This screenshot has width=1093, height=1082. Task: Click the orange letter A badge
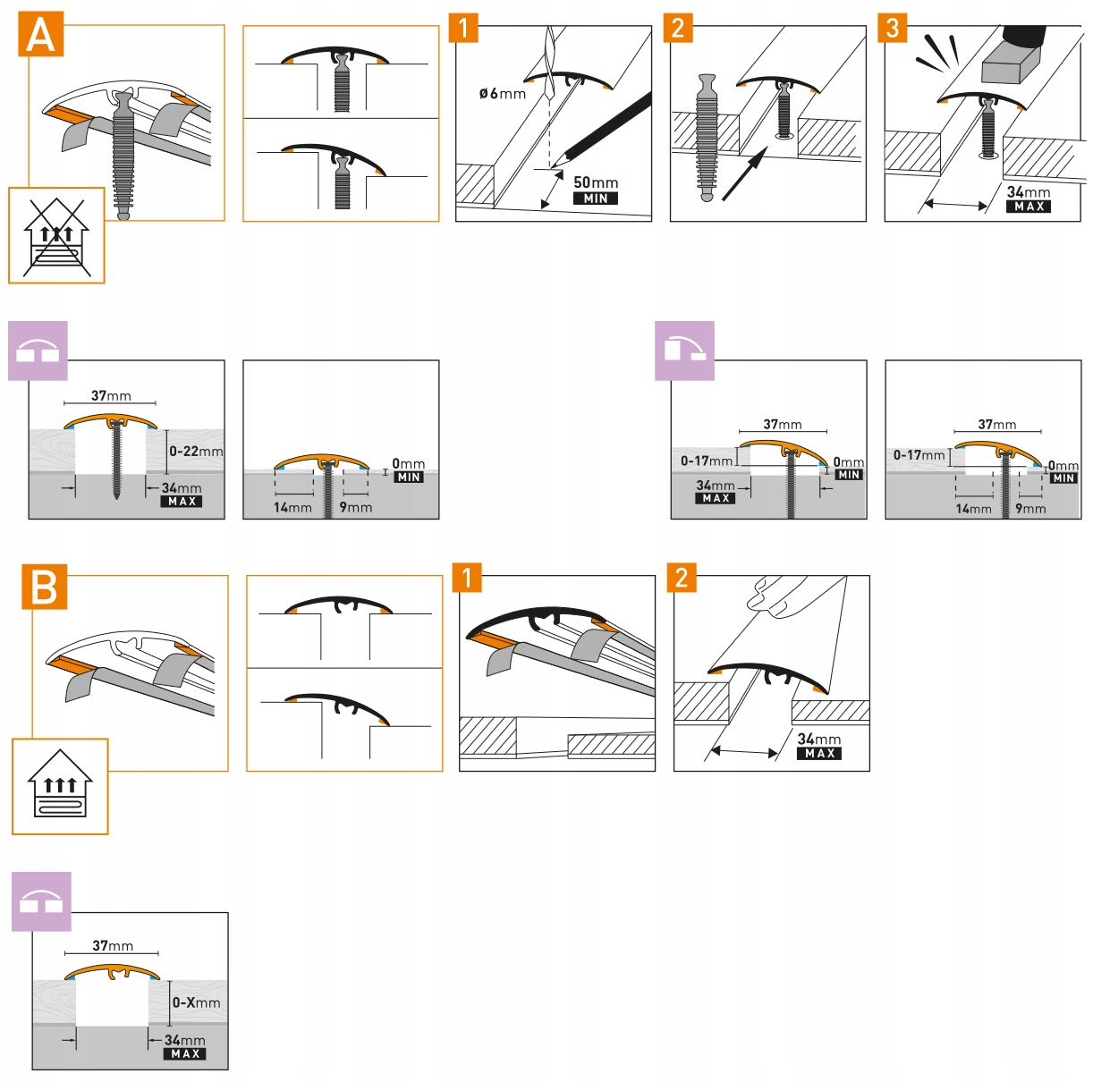tap(40, 35)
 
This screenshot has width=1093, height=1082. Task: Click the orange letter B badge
tap(44, 587)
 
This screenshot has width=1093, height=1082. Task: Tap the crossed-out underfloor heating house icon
tap(56, 235)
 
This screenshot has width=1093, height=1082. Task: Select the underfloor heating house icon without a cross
tap(60, 786)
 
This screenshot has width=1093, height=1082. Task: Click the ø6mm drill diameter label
tap(502, 94)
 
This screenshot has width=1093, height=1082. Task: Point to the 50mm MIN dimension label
tap(595, 190)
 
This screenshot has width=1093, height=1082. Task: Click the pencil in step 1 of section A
tap(601, 131)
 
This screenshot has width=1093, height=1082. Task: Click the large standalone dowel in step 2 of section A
tap(707, 137)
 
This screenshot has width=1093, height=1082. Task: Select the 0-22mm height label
tap(196, 452)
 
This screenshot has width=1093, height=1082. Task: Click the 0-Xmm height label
tap(196, 1002)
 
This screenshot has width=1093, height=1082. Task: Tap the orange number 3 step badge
tap(893, 28)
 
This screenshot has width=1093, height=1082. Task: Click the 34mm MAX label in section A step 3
tap(1028, 199)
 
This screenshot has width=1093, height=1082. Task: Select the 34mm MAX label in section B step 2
tap(818, 745)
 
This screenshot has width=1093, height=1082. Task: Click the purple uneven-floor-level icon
tap(684, 351)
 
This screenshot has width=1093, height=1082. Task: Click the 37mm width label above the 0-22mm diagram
tap(111, 395)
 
